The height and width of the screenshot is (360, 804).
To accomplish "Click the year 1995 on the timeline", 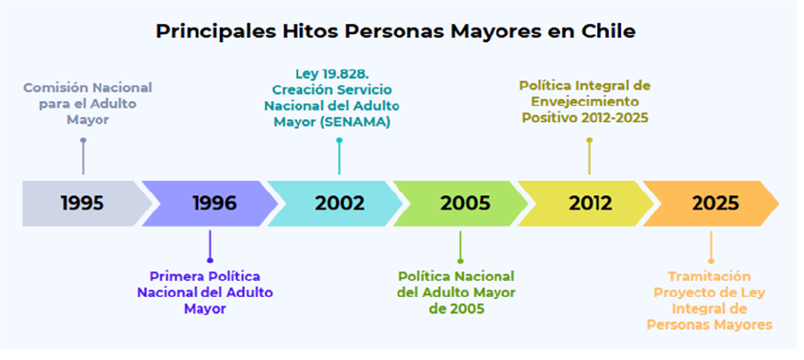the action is click(x=82, y=204).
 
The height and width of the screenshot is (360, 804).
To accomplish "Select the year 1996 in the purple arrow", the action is click(x=215, y=204).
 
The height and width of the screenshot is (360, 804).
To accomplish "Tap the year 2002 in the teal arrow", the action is click(x=340, y=204).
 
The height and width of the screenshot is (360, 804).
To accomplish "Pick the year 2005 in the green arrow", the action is click(x=465, y=204).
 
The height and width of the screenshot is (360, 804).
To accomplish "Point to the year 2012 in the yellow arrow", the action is click(x=591, y=204).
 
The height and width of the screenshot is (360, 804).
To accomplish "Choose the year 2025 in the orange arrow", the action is click(x=715, y=204).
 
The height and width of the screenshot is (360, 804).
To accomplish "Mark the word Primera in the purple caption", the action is click(x=172, y=276).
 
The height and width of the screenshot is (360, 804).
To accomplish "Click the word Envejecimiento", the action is click(x=585, y=101).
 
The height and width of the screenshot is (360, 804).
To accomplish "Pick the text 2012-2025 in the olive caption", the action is click(x=614, y=117).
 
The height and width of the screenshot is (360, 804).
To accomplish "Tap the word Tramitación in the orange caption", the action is click(x=709, y=276).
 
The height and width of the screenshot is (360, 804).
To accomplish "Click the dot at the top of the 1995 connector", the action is click(x=83, y=140).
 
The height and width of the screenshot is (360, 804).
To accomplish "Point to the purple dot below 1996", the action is click(x=210, y=261).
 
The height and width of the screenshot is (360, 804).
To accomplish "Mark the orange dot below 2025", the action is click(x=711, y=261).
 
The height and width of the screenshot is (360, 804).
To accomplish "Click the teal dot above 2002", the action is click(x=339, y=140).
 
